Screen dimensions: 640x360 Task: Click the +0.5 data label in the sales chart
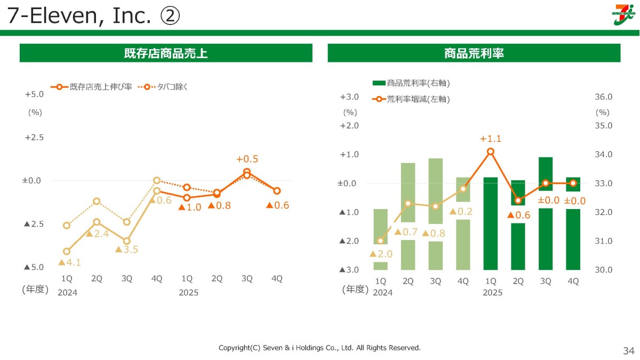pos(247,159)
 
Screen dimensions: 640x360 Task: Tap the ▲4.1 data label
pos(70,262)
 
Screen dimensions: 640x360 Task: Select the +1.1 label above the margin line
pos(491,139)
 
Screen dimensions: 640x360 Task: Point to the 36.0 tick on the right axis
pos(603,97)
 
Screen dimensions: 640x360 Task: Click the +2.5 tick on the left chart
pos(35,138)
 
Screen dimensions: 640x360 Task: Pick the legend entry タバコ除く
pos(163,87)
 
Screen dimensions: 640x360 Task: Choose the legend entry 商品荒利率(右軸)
pos(411,83)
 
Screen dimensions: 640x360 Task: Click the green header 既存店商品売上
pos(166,53)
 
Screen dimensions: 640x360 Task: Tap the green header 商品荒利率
pos(474,53)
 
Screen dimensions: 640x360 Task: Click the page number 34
pos(629,350)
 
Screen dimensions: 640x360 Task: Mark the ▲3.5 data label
pos(127,250)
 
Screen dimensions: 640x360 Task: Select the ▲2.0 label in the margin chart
pos(381,254)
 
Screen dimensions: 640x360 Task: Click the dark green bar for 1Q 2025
pos(491,223)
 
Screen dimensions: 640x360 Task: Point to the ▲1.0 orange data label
pos(190,207)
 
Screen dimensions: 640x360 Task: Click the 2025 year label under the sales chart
pos(189,293)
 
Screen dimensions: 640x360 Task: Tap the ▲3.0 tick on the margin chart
pos(349,270)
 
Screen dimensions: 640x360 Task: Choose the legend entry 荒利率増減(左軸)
pos(411,99)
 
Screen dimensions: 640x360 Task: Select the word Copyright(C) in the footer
pos(239,348)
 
